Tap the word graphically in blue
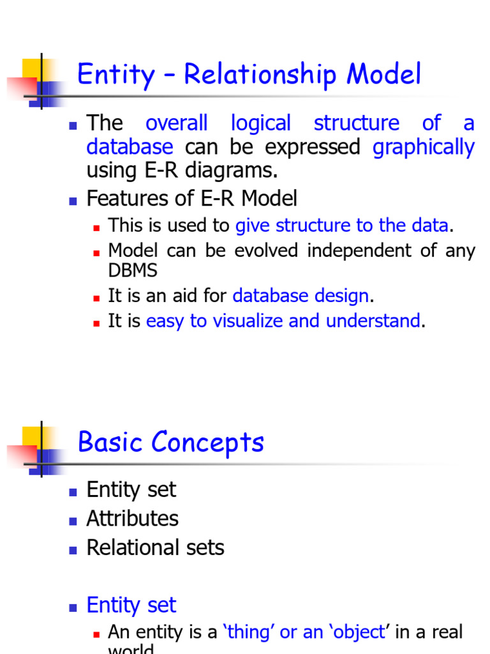click(x=424, y=148)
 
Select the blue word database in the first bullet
click(x=130, y=147)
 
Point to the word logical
click(x=260, y=123)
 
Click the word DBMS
click(x=133, y=270)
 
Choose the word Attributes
click(x=132, y=519)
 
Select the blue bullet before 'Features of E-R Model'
click(x=73, y=200)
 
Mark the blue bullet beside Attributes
click(x=73, y=520)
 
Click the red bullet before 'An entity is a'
click(x=97, y=634)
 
